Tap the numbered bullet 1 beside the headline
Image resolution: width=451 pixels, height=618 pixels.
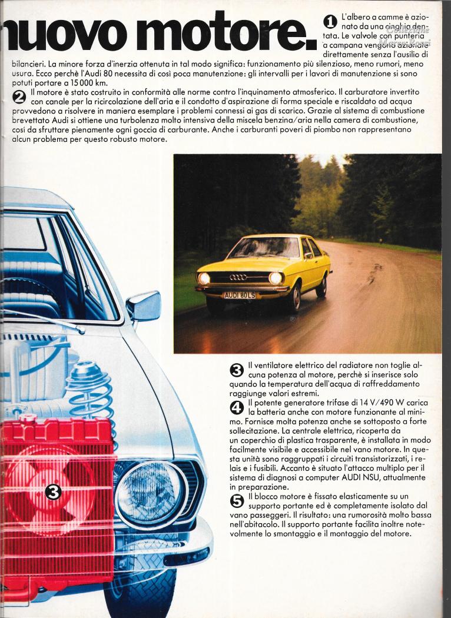click(x=330, y=22)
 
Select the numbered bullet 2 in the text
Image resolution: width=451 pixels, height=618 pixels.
click(x=19, y=96)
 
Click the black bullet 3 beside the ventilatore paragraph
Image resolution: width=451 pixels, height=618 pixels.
click(x=237, y=370)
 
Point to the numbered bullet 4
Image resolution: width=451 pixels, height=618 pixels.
click(x=237, y=407)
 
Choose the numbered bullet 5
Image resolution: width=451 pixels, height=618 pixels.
click(x=237, y=501)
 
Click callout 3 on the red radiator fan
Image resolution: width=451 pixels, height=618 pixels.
click(x=54, y=491)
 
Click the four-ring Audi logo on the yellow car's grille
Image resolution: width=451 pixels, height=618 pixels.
click(x=238, y=277)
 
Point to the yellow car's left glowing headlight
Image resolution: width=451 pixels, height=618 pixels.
click(x=204, y=278)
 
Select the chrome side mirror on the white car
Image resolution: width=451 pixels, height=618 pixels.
click(x=144, y=306)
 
